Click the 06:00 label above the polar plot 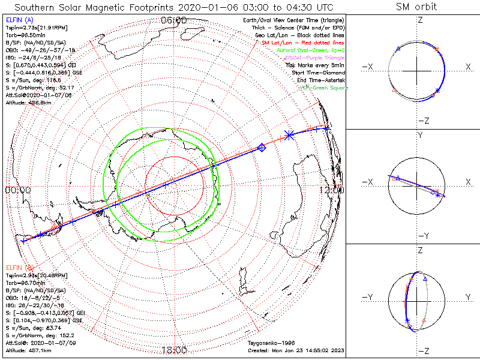pos(174,20)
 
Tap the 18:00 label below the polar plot pos(174,350)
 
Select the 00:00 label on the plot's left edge pos(17,190)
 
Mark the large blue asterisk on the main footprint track pos(289,136)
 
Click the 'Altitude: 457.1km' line pos(27,350)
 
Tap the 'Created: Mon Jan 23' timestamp pos(295,350)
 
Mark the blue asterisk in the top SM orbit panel pos(437,90)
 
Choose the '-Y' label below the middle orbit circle pos(419,236)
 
